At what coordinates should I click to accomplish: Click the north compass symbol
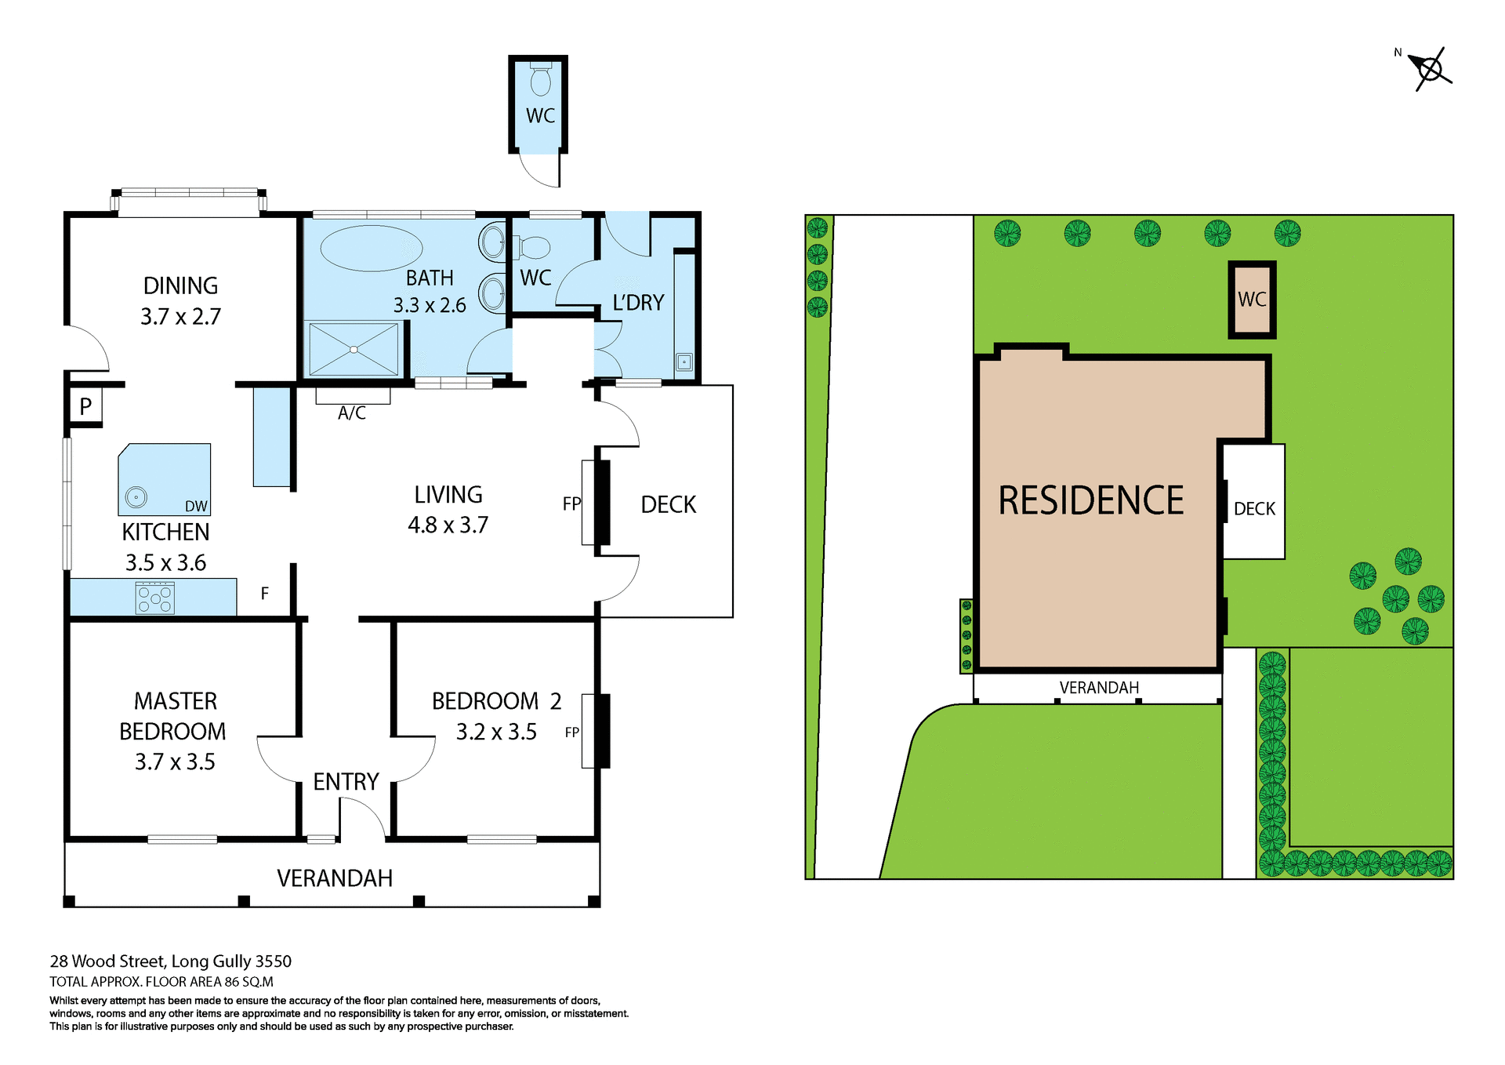[x=1431, y=69]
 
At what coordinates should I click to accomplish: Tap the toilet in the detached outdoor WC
[x=540, y=79]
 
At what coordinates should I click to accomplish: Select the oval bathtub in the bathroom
[x=371, y=248]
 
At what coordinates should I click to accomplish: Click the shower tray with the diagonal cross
[x=354, y=349]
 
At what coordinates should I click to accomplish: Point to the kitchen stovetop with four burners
[x=155, y=598]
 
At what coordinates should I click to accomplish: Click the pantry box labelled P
[x=85, y=405]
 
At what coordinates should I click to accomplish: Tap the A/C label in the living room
[x=352, y=413]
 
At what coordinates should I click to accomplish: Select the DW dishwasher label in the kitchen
[x=196, y=507]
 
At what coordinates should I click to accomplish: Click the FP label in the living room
[x=571, y=503]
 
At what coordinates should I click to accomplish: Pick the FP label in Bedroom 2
[x=571, y=732]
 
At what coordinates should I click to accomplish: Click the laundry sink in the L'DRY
[x=684, y=362]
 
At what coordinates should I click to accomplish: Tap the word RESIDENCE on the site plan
[x=1090, y=500]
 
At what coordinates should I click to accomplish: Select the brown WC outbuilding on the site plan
[x=1251, y=300]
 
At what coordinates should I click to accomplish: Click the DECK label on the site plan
[x=1254, y=509]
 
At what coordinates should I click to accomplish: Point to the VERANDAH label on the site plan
[x=1099, y=688]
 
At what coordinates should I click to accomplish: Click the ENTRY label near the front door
[x=346, y=781]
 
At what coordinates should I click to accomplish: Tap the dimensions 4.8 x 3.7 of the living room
[x=448, y=525]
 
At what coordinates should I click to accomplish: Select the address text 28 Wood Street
[x=170, y=961]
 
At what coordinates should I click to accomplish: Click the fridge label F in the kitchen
[x=265, y=594]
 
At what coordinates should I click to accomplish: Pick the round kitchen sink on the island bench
[x=136, y=496]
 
